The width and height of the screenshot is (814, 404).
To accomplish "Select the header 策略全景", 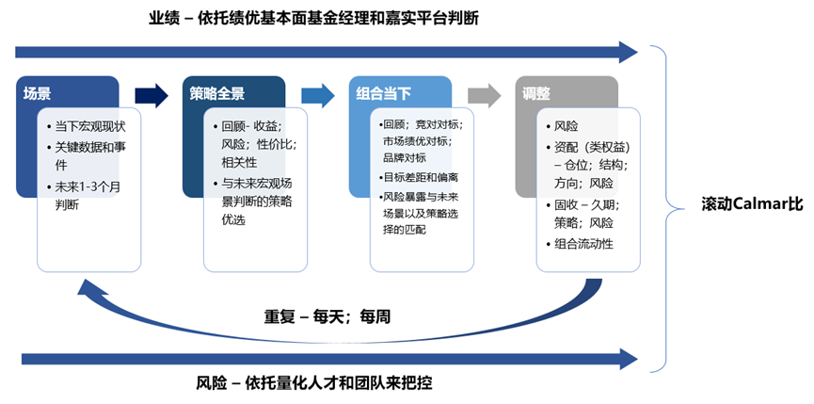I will (217, 94).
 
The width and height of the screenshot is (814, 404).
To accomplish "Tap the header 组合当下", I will (383, 94).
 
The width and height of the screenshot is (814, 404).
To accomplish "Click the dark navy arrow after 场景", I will (151, 95).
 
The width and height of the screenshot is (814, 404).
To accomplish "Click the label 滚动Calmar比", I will (752, 204).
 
